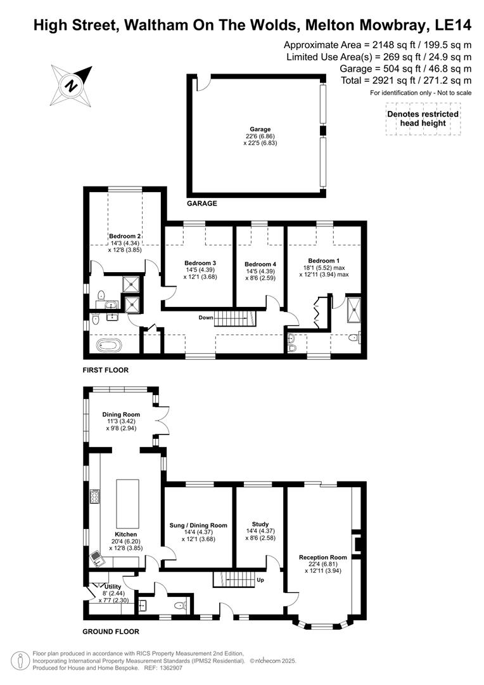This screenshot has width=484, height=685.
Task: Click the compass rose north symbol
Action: click(x=72, y=84)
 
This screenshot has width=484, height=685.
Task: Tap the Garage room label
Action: click(x=260, y=129)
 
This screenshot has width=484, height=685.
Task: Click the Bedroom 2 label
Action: click(x=124, y=236)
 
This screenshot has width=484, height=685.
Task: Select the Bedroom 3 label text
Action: click(x=200, y=263)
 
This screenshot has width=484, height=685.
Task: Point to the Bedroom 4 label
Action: click(x=260, y=264)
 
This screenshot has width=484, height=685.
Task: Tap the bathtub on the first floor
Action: click(x=109, y=346)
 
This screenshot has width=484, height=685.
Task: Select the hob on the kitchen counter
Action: click(x=95, y=497)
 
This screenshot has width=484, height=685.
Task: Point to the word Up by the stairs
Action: click(x=260, y=580)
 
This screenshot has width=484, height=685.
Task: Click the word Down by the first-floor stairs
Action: click(x=206, y=317)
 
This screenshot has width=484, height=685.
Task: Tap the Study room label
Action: click(x=260, y=524)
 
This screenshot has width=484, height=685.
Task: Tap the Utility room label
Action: click(x=113, y=587)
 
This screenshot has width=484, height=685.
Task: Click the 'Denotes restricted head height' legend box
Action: click(x=423, y=119)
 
